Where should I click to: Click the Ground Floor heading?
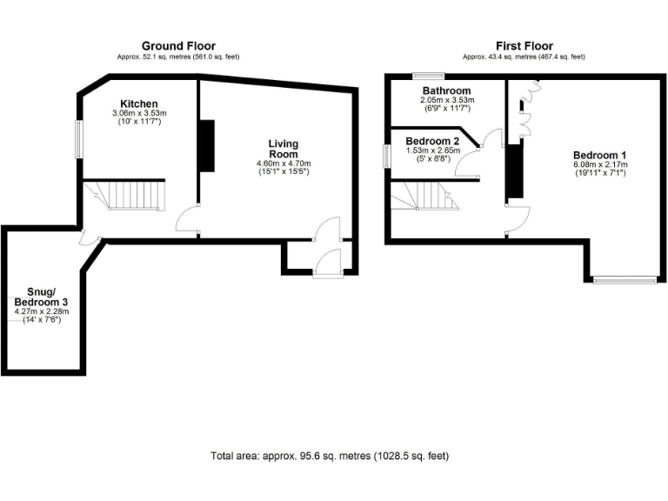click(178, 46)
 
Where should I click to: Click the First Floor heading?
click(524, 46)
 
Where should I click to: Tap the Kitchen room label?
click(139, 104)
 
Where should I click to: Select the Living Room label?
click(283, 149)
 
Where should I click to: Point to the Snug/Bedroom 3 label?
click(41, 296)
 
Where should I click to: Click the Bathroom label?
click(447, 91)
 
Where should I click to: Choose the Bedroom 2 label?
click(432, 141)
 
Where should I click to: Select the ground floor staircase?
click(136, 195)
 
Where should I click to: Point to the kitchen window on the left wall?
click(77, 140)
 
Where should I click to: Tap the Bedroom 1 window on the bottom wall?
click(625, 280)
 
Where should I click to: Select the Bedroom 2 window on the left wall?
click(388, 156)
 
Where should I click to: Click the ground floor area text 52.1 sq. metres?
click(178, 57)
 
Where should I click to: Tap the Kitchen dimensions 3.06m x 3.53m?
click(139, 114)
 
